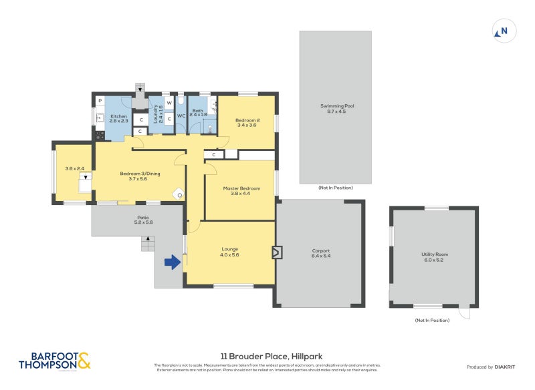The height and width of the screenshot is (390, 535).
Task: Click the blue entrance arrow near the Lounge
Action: tap(172, 262)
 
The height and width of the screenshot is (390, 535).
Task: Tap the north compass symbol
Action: tap(502, 31)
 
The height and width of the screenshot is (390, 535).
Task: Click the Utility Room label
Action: tap(434, 254)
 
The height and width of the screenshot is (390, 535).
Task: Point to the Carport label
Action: tap(321, 251)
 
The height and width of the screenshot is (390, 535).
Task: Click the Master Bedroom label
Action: tap(241, 188)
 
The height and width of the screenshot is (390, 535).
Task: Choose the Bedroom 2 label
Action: tap(247, 120)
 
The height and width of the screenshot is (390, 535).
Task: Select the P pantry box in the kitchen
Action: tap(100, 101)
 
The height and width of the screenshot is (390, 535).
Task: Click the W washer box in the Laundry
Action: tap(169, 103)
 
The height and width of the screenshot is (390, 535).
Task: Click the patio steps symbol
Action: tap(148, 244)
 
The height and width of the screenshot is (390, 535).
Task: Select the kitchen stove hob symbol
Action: tap(100, 135)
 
